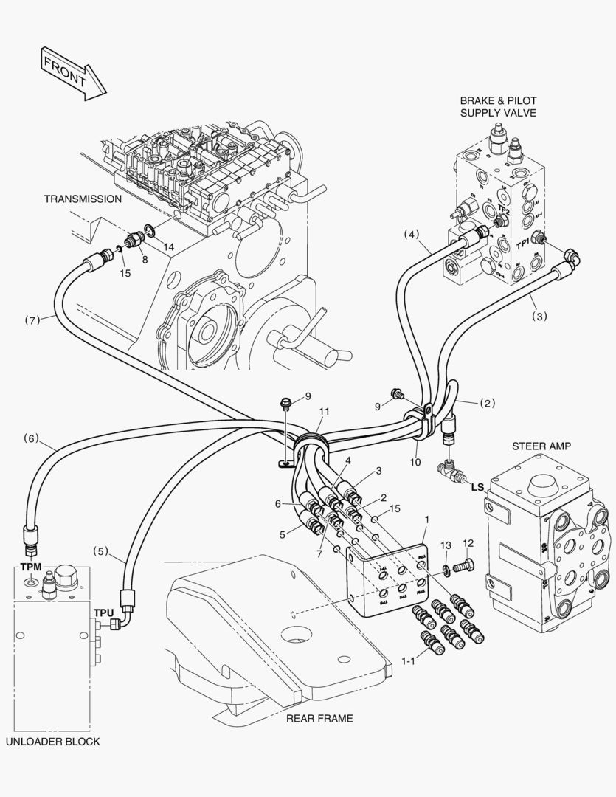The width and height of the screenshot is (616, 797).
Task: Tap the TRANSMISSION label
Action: [83, 199]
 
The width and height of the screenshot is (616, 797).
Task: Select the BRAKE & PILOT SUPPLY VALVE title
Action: [498, 106]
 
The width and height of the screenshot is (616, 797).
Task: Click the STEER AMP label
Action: [541, 446]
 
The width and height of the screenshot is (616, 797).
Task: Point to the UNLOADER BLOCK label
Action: [52, 742]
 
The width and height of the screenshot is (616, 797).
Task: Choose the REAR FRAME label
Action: [320, 718]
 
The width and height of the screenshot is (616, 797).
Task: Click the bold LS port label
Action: [477, 487]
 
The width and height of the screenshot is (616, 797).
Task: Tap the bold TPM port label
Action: [31, 567]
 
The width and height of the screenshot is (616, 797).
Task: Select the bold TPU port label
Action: [103, 613]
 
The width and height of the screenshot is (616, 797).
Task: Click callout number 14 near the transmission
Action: [169, 247]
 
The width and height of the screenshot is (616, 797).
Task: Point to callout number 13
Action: [446, 545]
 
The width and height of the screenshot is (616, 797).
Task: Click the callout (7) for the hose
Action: [30, 320]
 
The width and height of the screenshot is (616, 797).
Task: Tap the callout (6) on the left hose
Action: [30, 438]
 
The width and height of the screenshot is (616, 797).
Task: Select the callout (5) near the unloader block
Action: [100, 551]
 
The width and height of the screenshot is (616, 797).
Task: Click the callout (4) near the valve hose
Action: [411, 235]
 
